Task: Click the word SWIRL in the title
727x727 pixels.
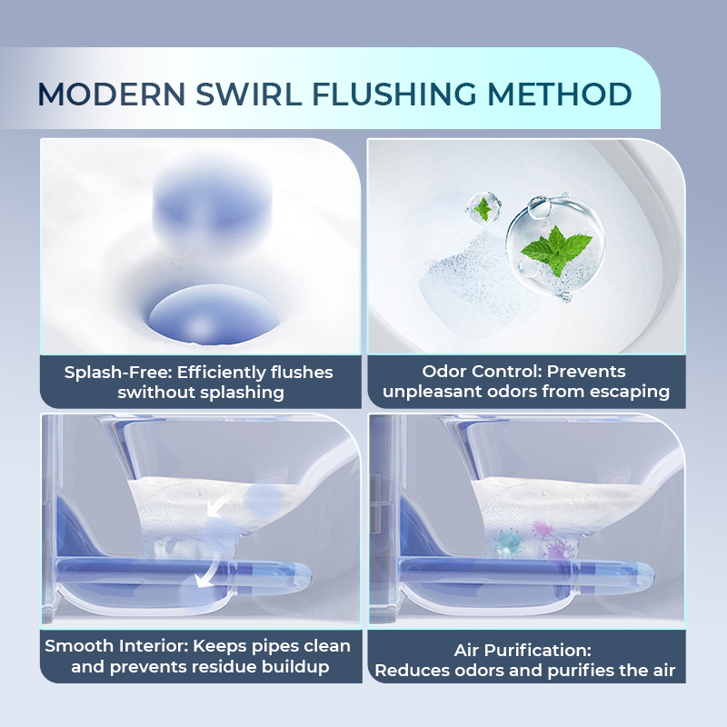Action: (248, 95)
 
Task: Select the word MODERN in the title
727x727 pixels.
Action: (111, 95)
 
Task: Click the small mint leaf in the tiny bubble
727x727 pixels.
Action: (483, 209)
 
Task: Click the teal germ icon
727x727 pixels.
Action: (508, 543)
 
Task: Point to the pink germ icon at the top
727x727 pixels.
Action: (543, 528)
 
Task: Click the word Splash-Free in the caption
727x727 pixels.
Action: (118, 373)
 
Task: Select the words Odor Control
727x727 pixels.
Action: (482, 372)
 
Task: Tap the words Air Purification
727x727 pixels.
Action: (523, 650)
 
